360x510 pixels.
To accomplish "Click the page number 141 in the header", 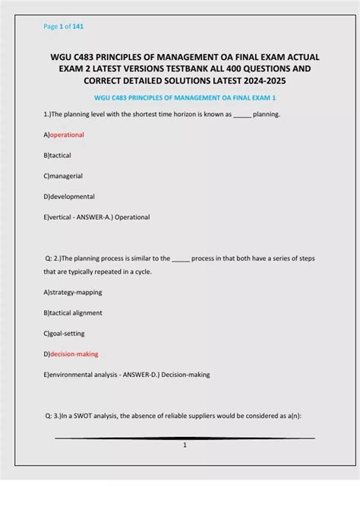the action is (77, 27).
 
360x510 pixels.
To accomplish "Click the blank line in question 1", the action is (241, 115).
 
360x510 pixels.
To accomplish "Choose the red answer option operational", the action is (67, 135).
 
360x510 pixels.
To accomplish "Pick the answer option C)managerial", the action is (63, 176).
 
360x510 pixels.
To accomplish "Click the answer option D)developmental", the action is (69, 196).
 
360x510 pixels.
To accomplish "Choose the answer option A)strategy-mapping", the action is (73, 292).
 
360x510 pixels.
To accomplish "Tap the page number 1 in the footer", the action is (185, 445).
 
